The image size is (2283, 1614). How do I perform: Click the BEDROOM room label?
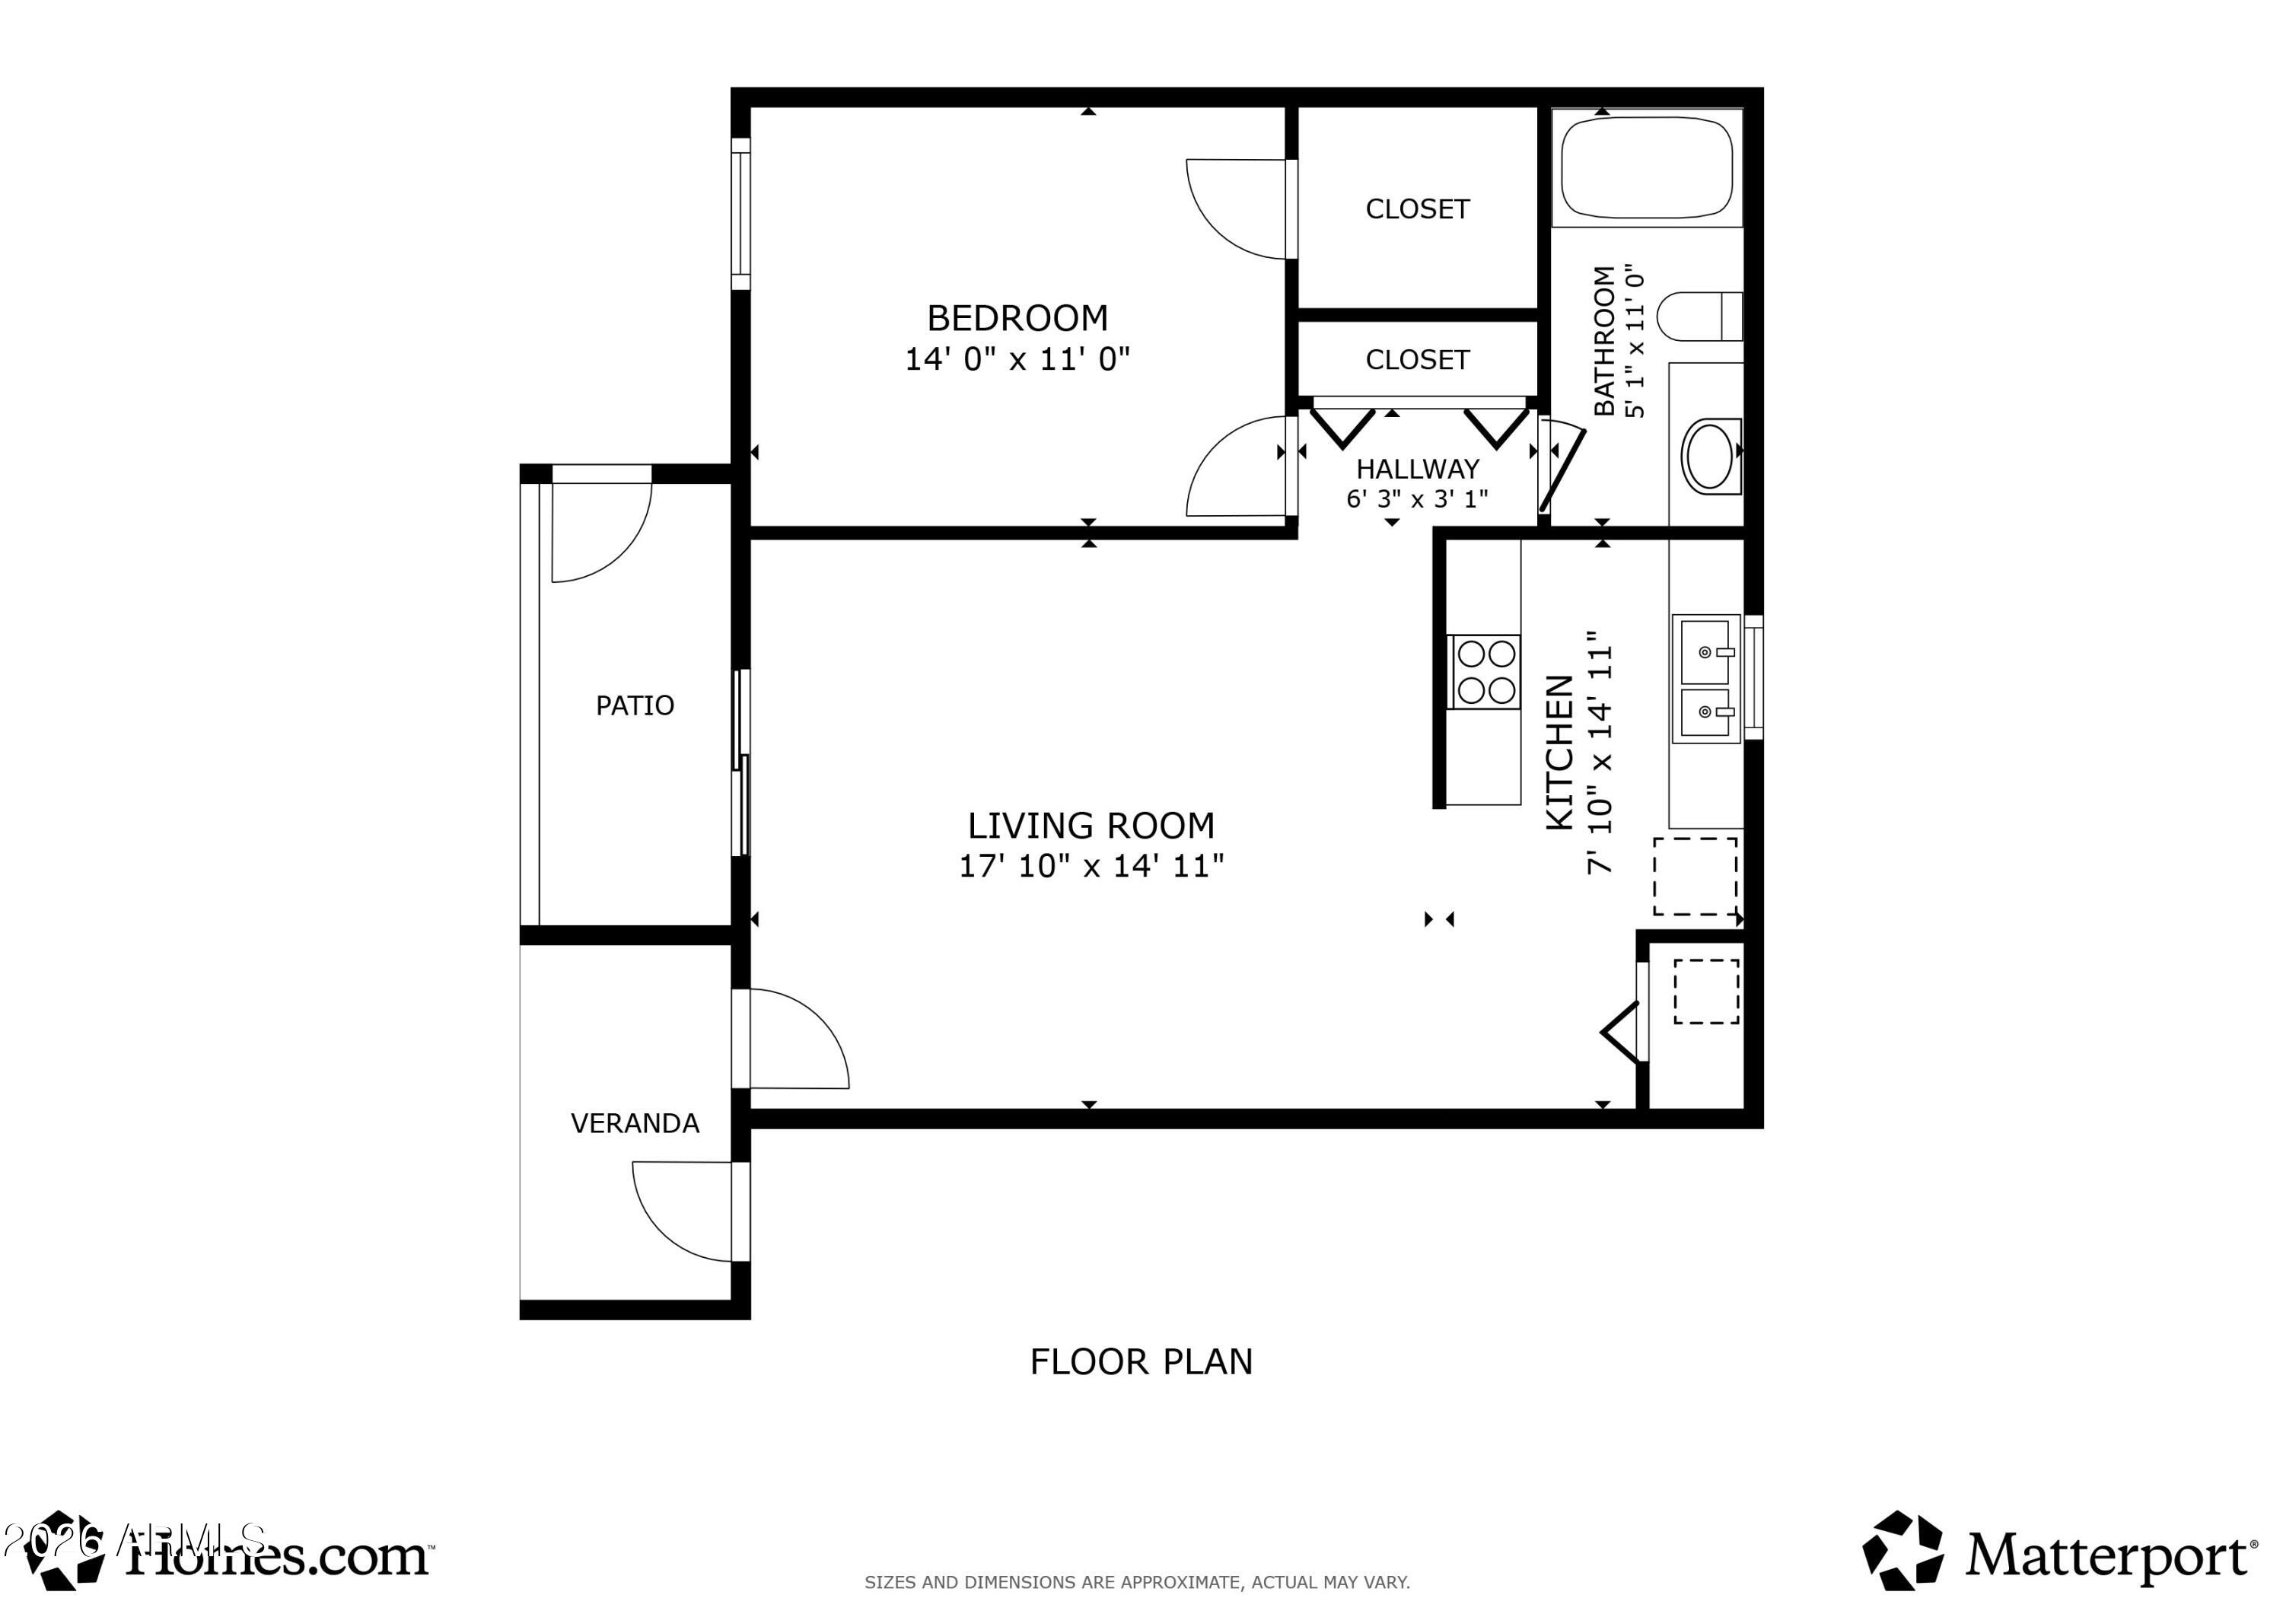tap(1017, 318)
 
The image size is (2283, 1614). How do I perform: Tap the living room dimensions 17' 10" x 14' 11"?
tap(1091, 866)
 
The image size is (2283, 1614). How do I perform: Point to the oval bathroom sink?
tap(1709, 457)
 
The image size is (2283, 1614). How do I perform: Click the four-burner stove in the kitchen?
tap(1485, 671)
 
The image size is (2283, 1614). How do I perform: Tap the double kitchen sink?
tap(1705, 680)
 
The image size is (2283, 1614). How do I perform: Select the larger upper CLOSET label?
tap(1417, 209)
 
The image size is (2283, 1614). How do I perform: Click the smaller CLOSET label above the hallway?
tap(1417, 360)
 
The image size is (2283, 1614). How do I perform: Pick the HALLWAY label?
tap(1417, 469)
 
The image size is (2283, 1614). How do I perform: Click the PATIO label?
tap(635, 706)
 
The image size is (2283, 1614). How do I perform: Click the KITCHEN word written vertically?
tap(1559, 752)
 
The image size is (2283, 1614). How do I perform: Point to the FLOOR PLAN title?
tap(1141, 1361)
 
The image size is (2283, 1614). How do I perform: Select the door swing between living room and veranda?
tap(795, 1038)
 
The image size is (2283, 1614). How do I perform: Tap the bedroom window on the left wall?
tap(740, 214)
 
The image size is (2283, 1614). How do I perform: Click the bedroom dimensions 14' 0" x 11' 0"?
tap(1017, 359)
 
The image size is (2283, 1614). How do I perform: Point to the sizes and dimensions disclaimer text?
tap(1136, 1582)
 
